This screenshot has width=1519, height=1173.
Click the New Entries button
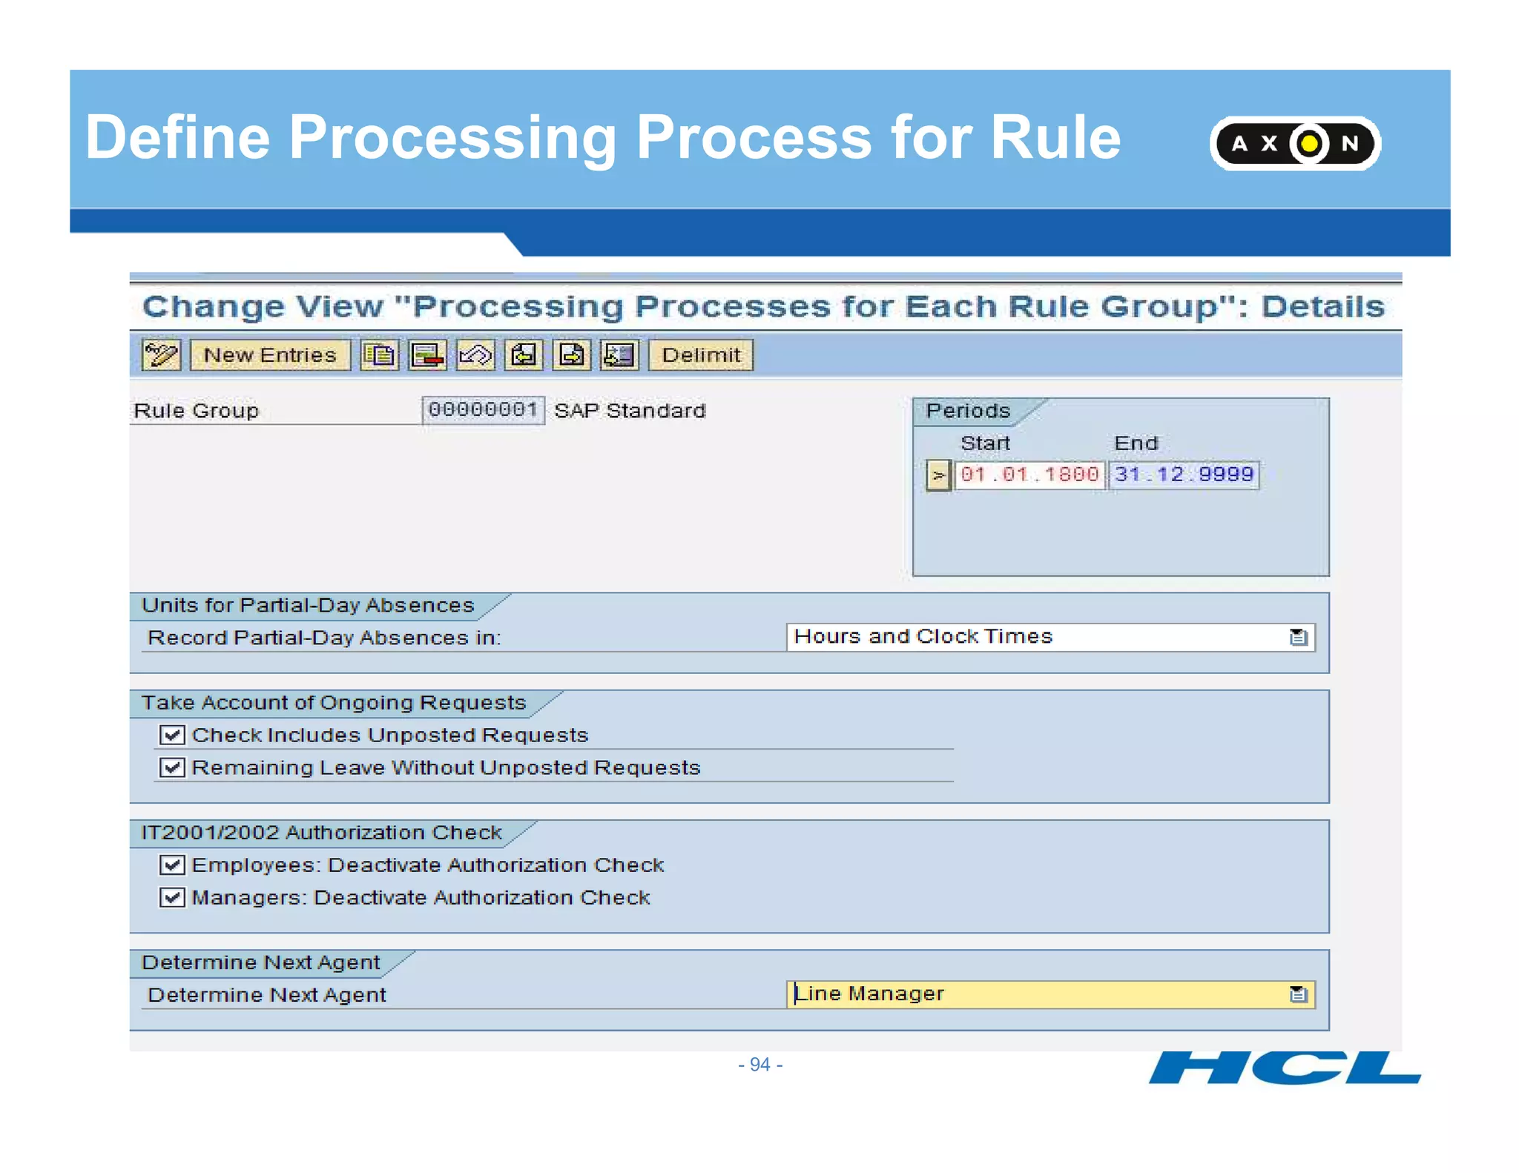pyautogui.click(x=270, y=355)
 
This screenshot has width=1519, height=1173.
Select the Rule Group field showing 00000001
pyautogui.click(x=483, y=410)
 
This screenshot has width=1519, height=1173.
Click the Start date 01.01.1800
pyautogui.click(x=1029, y=475)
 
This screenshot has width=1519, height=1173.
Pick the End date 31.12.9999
pyautogui.click(x=1184, y=475)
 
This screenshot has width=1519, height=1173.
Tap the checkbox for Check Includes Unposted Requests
pyautogui.click(x=172, y=735)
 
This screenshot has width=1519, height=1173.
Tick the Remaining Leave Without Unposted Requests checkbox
pyautogui.click(x=172, y=767)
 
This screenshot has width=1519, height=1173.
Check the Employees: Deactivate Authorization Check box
pyautogui.click(x=172, y=865)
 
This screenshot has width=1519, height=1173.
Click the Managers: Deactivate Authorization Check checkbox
pyautogui.click(x=172, y=897)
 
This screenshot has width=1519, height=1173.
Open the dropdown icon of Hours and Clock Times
pyautogui.click(x=1298, y=638)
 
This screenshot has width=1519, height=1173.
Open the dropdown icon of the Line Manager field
pyautogui.click(x=1298, y=994)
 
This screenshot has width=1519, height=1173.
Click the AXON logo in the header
pyautogui.click(x=1295, y=143)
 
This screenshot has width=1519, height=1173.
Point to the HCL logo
pyautogui.click(x=1284, y=1068)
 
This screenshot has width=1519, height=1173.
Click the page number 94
pyautogui.click(x=760, y=1065)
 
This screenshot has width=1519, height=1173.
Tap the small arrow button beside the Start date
pyautogui.click(x=938, y=475)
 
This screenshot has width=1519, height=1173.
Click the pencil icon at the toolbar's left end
pyautogui.click(x=161, y=355)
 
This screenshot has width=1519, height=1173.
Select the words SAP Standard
pyautogui.click(x=630, y=411)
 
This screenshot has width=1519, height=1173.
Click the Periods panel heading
pyautogui.click(x=968, y=411)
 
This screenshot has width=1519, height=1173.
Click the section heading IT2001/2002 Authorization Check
pyautogui.click(x=321, y=833)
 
